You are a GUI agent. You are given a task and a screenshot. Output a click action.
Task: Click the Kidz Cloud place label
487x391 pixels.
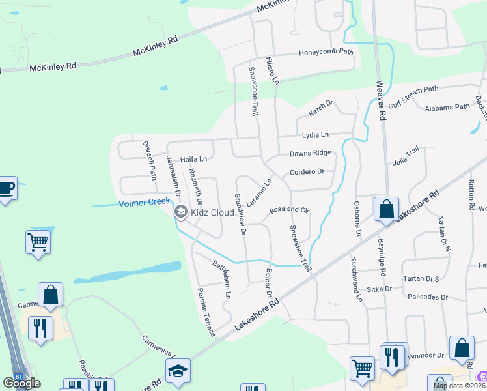[212, 212]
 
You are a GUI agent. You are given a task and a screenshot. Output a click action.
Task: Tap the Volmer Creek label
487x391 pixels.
[145, 203]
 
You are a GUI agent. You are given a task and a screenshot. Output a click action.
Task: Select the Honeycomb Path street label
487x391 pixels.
[326, 53]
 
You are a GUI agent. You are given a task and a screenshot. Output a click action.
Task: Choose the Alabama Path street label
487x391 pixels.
[447, 107]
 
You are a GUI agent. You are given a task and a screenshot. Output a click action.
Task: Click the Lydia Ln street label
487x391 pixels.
[315, 135]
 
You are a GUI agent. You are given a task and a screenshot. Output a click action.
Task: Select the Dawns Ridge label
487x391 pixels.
[310, 153]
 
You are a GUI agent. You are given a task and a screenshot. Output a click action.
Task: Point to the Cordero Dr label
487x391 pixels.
[307, 172]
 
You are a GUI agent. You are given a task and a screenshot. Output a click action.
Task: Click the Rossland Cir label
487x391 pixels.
[288, 210]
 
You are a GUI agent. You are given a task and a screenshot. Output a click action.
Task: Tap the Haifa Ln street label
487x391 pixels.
[193, 158]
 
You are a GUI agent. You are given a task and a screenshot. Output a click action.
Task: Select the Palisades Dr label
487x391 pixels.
[427, 297]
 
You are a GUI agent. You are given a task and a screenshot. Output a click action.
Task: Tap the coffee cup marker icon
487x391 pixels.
[7, 188]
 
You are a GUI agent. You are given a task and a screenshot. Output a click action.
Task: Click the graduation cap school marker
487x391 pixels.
[178, 371]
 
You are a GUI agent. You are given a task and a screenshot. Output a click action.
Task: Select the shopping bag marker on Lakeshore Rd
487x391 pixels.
[386, 210]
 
